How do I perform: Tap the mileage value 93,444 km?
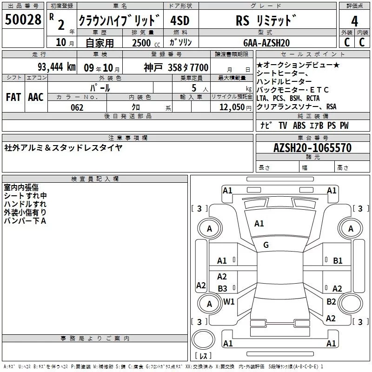(56, 67)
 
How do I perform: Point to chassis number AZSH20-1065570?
(312, 148)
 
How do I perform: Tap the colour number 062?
(77, 107)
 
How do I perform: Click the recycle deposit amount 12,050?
(229, 107)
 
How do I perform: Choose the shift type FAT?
(13, 97)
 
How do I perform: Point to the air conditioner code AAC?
(36, 97)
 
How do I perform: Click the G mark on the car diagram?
(266, 245)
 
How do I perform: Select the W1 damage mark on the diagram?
(229, 301)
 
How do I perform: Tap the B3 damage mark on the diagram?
(222, 289)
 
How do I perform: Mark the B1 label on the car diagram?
(338, 261)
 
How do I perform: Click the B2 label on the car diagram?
(331, 302)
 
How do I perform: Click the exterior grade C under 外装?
(346, 42)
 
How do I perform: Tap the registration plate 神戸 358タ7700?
(176, 67)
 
